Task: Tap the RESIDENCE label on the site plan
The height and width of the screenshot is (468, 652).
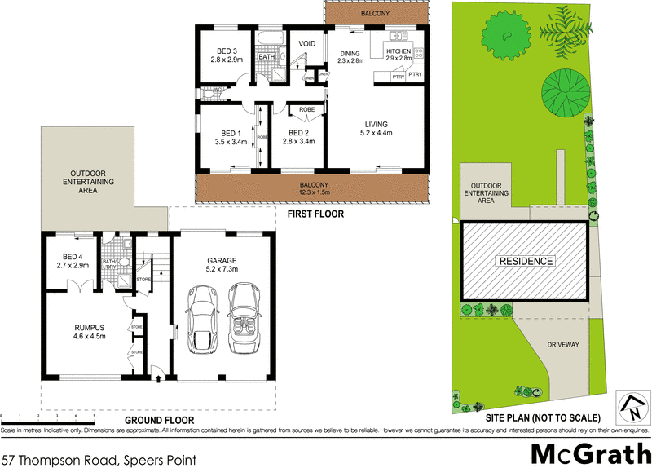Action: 526,261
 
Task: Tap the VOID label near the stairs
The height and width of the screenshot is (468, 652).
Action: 307,43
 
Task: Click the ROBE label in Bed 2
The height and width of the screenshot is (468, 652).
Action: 307,108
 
